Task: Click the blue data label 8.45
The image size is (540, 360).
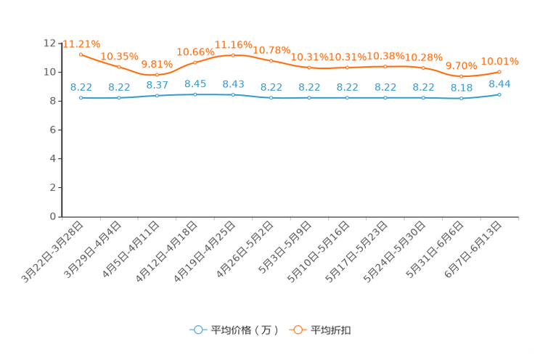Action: (x=195, y=83)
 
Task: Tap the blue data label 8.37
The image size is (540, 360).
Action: (x=157, y=84)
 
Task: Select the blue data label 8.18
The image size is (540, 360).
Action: (x=461, y=87)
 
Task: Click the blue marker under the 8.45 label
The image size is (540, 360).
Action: (x=195, y=94)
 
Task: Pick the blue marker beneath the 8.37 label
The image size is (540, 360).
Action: (x=157, y=96)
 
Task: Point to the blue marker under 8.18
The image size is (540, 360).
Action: (x=461, y=99)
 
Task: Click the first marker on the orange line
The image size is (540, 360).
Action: (x=81, y=54)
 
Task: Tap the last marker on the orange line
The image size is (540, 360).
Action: (x=499, y=71)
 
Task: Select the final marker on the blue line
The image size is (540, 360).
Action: (x=499, y=94)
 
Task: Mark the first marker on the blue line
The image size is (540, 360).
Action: (x=81, y=98)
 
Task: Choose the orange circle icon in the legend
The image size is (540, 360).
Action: (x=298, y=330)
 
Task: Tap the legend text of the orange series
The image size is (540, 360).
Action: (x=332, y=330)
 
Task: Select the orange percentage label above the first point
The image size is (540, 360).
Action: (x=81, y=44)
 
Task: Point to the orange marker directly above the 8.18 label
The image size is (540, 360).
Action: (x=461, y=76)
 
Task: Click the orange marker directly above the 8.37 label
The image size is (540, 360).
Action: (x=157, y=74)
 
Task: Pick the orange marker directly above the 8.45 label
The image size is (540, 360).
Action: (x=195, y=62)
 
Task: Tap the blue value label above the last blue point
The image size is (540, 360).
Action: (x=499, y=83)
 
